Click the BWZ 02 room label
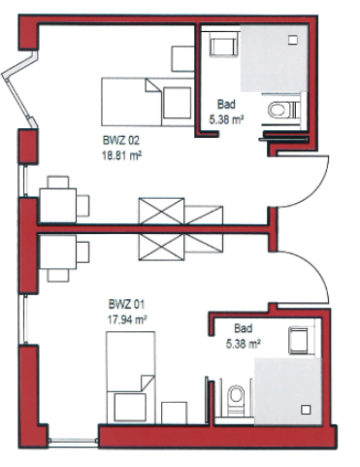(x=121, y=141)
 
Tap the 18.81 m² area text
(x=121, y=156)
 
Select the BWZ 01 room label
(x=126, y=305)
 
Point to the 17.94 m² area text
(x=127, y=319)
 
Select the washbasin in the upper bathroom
(x=223, y=47)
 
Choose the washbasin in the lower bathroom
(x=299, y=341)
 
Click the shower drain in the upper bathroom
(x=293, y=40)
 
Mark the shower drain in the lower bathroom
(x=306, y=410)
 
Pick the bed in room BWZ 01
(x=131, y=378)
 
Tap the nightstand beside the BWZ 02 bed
(x=182, y=58)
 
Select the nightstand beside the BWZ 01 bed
(x=175, y=413)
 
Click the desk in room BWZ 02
(x=58, y=206)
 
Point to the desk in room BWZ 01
(x=58, y=252)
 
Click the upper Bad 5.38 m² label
(x=226, y=112)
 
